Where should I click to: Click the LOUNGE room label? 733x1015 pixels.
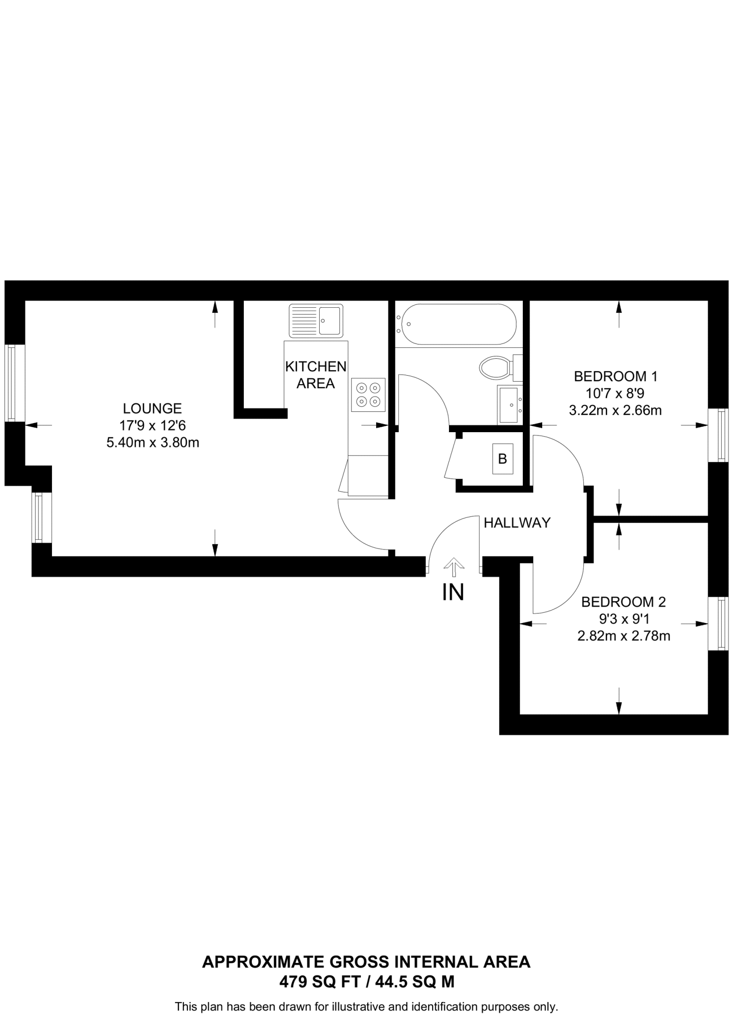(152, 408)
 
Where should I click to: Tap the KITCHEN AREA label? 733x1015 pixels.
(316, 375)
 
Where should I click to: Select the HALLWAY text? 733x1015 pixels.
(517, 522)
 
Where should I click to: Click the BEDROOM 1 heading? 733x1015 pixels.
(615, 376)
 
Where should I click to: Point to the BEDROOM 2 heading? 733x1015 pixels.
(623, 602)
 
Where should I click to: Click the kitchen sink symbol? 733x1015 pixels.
(316, 321)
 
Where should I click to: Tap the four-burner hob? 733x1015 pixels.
(368, 395)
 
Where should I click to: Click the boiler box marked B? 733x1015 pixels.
(502, 459)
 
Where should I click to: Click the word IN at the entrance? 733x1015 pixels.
(453, 592)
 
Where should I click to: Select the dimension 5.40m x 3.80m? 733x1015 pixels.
(153, 443)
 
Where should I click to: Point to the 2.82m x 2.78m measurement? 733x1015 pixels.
(623, 636)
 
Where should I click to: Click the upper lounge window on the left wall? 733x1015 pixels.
(14, 383)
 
